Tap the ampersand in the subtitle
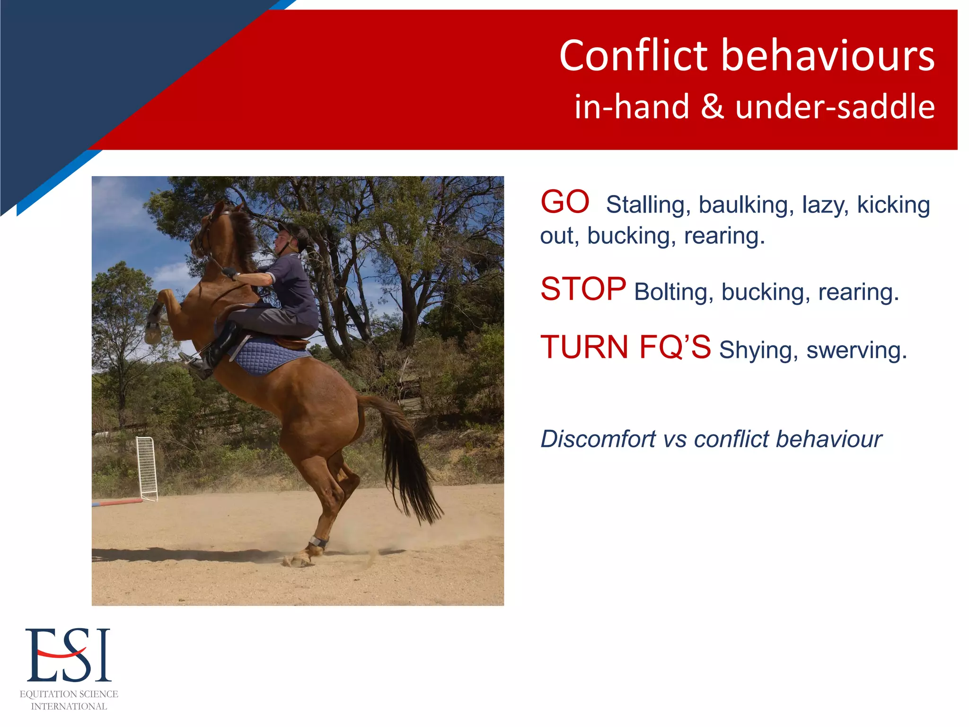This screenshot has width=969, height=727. tap(712, 106)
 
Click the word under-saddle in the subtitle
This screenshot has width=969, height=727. tap(835, 106)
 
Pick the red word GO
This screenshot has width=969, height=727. tap(564, 203)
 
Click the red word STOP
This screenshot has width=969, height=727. tap(583, 289)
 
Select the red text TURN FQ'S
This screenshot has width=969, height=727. tap(625, 347)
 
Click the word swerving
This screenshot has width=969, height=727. tap(856, 351)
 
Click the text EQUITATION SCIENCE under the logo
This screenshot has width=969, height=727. tap(69, 694)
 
